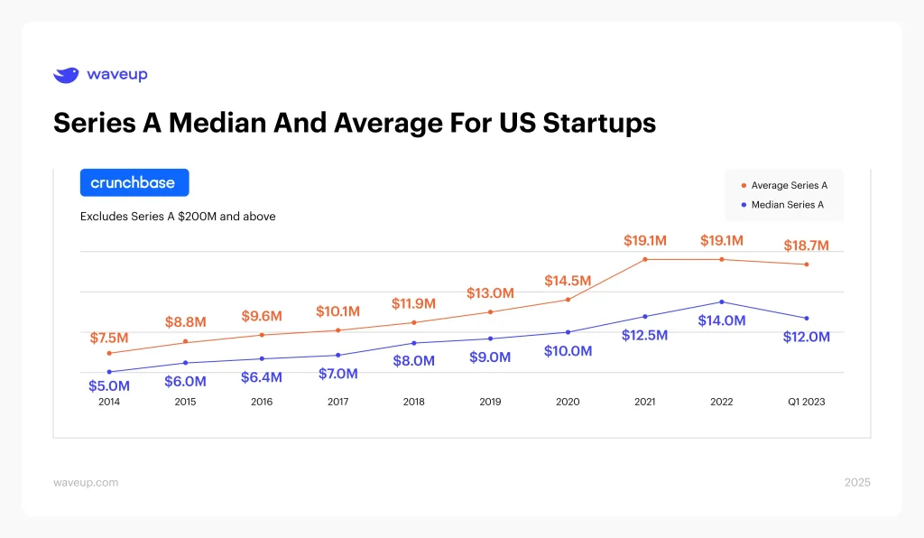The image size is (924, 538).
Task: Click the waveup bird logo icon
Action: (x=66, y=75)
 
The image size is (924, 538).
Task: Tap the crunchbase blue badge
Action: (x=134, y=182)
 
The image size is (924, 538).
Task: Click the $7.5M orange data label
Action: (x=109, y=338)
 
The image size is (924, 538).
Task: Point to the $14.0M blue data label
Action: (x=722, y=320)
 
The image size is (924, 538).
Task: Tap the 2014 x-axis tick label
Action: (x=109, y=402)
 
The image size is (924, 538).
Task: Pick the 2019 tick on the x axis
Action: (x=490, y=402)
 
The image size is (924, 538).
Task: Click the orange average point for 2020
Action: (x=568, y=299)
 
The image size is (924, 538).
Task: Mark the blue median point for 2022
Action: (x=722, y=301)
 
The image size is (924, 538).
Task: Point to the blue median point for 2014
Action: (x=109, y=372)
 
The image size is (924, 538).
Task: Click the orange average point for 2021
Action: (x=645, y=260)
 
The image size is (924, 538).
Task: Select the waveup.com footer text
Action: (x=86, y=482)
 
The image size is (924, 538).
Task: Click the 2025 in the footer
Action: (x=857, y=482)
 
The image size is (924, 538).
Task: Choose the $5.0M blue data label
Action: (x=109, y=386)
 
